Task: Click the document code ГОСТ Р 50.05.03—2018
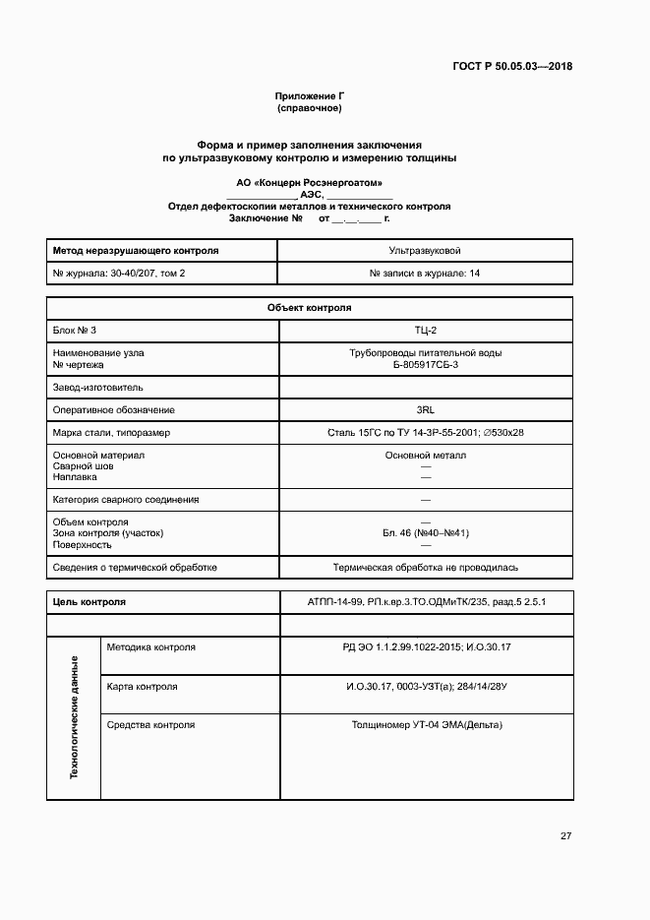512,67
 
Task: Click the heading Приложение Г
309,95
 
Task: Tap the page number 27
565,836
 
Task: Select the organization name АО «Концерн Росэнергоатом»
309,183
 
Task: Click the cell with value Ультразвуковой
425,251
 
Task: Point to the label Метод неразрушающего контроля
135,251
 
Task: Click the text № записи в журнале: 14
425,273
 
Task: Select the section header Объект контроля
309,308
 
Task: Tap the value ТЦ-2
425,330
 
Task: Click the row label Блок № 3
75,330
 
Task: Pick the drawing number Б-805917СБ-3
425,364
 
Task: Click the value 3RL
425,409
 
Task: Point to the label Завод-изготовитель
97,388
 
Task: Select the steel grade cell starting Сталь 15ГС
425,432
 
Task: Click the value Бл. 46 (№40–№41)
425,532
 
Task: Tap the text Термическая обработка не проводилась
425,567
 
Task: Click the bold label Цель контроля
89,601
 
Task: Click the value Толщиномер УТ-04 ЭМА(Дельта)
425,724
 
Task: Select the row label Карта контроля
142,686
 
